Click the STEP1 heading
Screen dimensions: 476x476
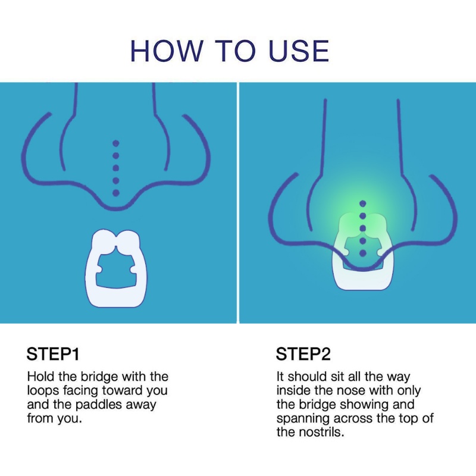click(x=53, y=355)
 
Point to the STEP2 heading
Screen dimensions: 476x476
click(x=303, y=355)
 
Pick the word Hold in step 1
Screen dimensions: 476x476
click(x=40, y=377)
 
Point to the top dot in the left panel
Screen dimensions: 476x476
click(x=116, y=143)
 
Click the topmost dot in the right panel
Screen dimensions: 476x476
click(x=362, y=203)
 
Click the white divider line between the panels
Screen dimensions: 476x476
click(x=238, y=202)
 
